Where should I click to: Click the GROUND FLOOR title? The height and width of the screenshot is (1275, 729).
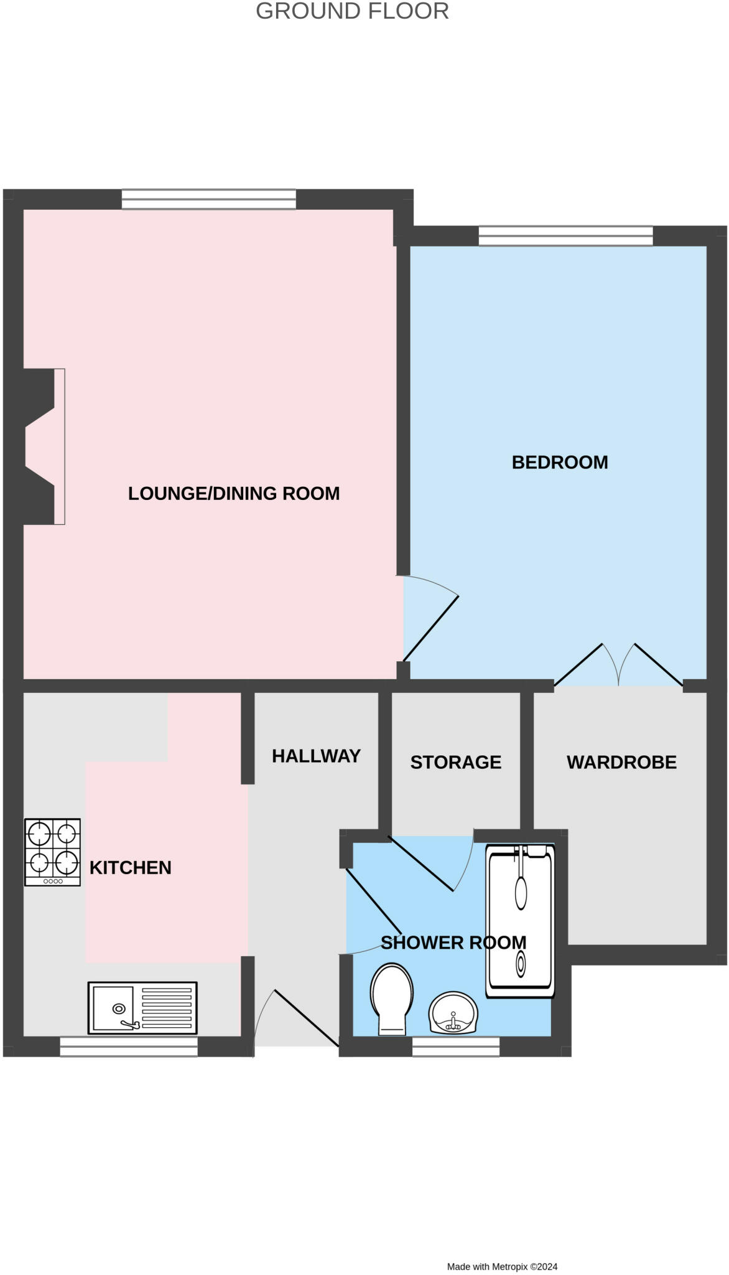tap(352, 11)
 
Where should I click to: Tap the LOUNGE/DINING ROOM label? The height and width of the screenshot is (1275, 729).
tap(234, 493)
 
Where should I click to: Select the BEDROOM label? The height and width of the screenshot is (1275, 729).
tap(560, 462)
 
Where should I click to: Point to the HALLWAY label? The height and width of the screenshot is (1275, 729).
tap(316, 756)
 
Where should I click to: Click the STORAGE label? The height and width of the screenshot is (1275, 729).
tap(456, 762)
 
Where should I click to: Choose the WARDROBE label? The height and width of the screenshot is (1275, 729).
tap(621, 762)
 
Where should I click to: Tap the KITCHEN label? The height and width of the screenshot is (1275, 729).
tap(130, 867)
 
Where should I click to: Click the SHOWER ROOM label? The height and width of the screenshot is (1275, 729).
tap(453, 943)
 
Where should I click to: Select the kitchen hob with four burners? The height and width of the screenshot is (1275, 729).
tap(53, 852)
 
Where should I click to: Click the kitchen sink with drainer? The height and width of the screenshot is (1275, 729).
tap(142, 1008)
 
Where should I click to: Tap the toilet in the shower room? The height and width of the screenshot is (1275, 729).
tap(391, 998)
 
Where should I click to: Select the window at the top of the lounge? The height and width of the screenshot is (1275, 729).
tap(209, 199)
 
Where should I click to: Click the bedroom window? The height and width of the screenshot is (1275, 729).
tap(565, 236)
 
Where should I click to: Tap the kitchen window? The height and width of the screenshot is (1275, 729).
tap(129, 1047)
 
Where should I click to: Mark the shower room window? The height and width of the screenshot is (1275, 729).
tap(456, 1047)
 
